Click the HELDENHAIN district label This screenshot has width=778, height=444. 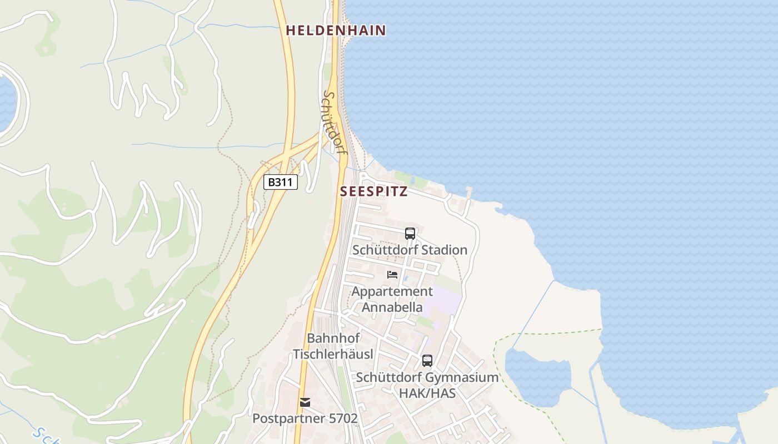click(x=336, y=31)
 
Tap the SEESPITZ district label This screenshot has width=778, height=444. click(x=374, y=192)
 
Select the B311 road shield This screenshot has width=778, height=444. click(x=281, y=182)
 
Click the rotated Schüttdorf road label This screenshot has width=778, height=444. click(x=332, y=123)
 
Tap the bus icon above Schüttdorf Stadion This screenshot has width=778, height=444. click(x=410, y=234)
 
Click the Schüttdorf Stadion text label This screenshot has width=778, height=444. click(x=410, y=250)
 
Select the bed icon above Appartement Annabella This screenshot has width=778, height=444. click(x=392, y=275)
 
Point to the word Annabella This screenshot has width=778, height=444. click(x=392, y=307)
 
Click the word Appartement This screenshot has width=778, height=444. click(x=392, y=291)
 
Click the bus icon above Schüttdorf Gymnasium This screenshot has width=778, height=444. click(x=427, y=361)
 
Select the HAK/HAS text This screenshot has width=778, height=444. click(x=427, y=393)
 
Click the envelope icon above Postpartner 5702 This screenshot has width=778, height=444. click(x=305, y=402)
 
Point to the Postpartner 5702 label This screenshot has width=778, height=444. click(x=305, y=418)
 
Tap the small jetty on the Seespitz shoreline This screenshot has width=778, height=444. click(x=470, y=192)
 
